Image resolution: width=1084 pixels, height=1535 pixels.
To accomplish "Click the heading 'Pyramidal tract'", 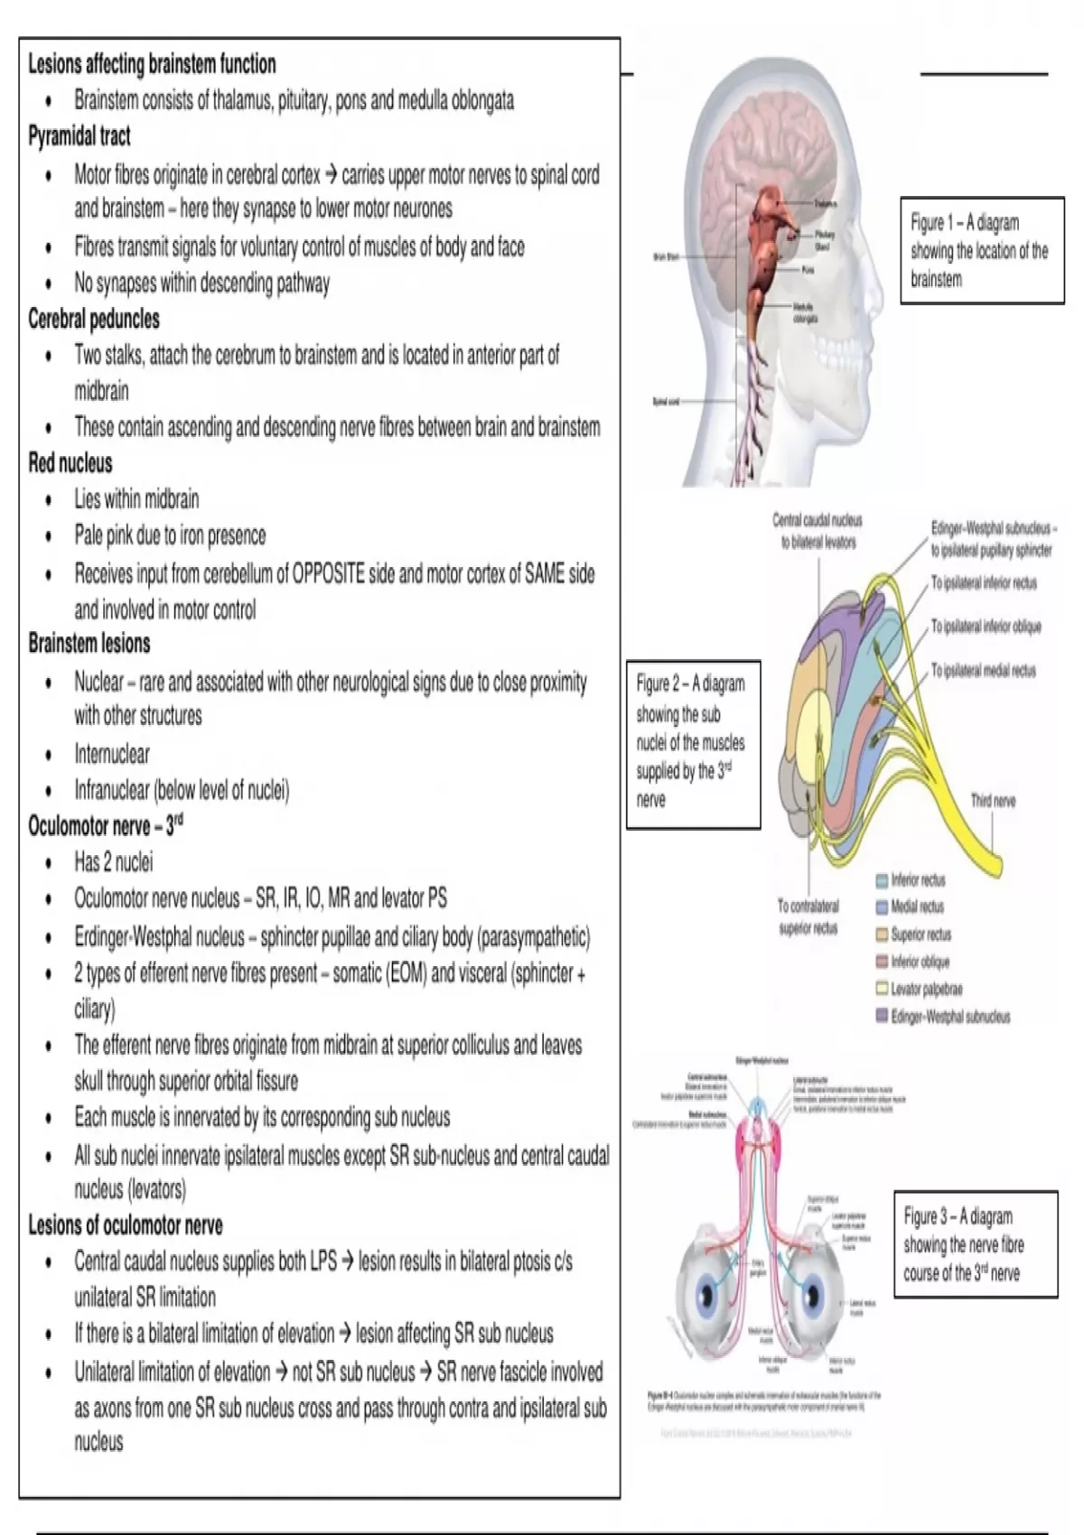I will point(79,136).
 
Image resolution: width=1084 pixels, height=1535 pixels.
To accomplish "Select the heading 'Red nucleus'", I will point(70,463).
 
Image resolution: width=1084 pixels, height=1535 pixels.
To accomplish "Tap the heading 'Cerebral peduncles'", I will point(94,319).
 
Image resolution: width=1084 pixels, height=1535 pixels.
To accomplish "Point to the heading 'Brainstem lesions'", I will point(89,644).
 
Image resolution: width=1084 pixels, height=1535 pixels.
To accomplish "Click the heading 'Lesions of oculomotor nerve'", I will point(126,1225).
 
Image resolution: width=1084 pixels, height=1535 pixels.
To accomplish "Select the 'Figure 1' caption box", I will point(982,250).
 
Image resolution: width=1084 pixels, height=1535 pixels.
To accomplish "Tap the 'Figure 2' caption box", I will point(692,742).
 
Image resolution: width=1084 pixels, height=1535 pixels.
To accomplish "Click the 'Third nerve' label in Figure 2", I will point(993,800).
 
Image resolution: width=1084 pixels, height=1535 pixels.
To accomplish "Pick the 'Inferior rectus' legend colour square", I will point(882,880).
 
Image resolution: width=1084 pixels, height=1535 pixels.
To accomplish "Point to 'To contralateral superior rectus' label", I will point(808,916).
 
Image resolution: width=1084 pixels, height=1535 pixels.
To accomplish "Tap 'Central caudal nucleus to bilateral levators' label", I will point(818,531).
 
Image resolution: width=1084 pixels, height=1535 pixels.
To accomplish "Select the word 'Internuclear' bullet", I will point(112,754).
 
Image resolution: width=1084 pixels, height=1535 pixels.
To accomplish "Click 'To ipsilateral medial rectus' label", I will point(984,671).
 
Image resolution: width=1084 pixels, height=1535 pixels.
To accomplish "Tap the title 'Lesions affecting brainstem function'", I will point(152,64).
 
